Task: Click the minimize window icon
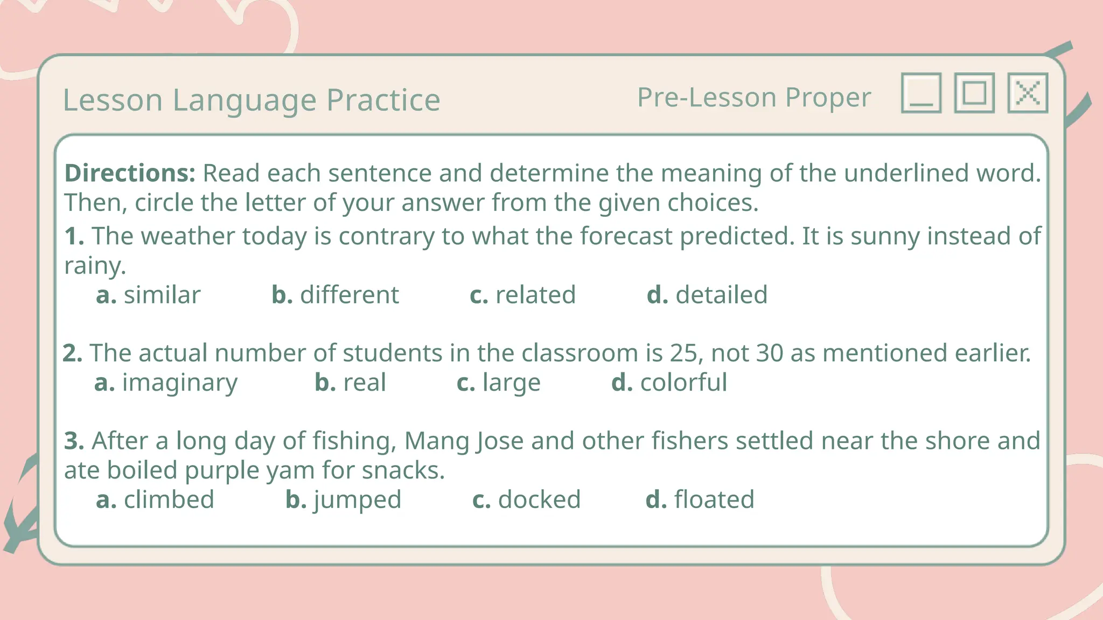click(921, 93)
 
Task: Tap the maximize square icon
click(974, 93)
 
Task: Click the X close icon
click(1028, 93)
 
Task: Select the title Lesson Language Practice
click(252, 100)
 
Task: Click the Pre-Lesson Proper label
click(753, 97)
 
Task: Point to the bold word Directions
click(130, 173)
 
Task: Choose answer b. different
click(335, 295)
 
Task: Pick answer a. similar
click(148, 295)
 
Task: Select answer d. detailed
click(707, 295)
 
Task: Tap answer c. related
click(522, 295)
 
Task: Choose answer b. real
click(350, 383)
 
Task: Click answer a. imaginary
click(165, 383)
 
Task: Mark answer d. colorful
click(669, 383)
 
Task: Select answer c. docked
click(526, 499)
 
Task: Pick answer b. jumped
click(343, 499)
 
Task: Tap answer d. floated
click(700, 499)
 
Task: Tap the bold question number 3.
click(74, 441)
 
